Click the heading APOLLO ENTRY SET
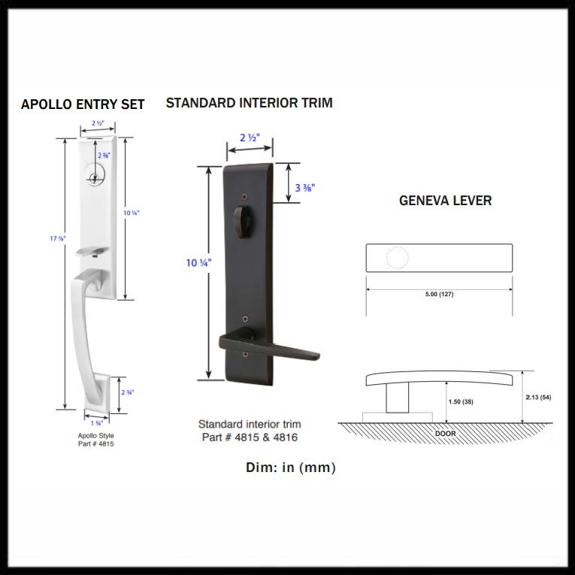click(83, 104)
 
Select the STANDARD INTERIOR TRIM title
click(249, 102)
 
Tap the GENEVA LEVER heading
click(445, 201)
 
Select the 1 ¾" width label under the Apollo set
click(96, 424)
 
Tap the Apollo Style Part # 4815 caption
click(95, 440)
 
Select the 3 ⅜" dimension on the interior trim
click(304, 187)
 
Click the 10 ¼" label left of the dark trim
click(198, 262)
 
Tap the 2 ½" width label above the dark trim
click(250, 138)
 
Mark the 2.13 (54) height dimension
click(539, 397)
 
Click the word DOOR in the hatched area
click(446, 434)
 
